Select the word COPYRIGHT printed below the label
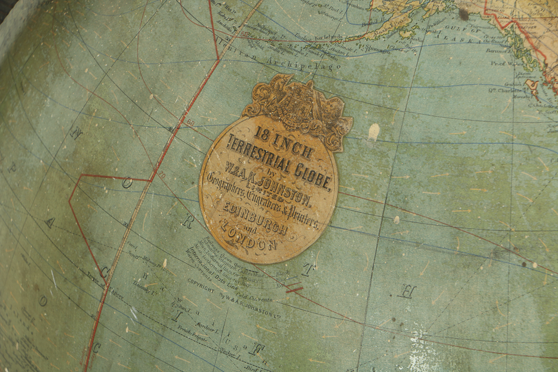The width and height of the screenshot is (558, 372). (200, 285)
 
